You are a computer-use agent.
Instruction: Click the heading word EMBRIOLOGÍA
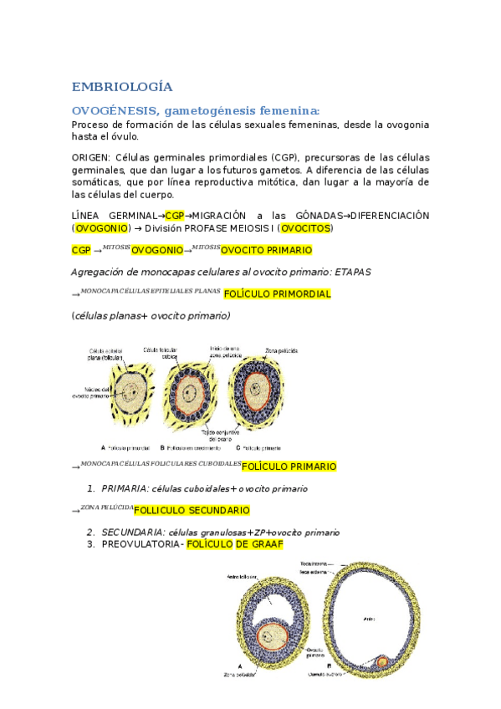pyautogui.click(x=122, y=86)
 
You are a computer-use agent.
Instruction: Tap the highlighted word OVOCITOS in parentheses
pyautogui.click(x=305, y=227)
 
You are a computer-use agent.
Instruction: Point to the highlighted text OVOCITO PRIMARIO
pyautogui.click(x=266, y=250)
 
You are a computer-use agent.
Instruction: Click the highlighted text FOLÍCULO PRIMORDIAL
pyautogui.click(x=277, y=294)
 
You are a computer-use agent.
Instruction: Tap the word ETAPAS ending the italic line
pyautogui.click(x=358, y=272)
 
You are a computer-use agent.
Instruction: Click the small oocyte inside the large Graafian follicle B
pyautogui.click(x=382, y=661)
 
